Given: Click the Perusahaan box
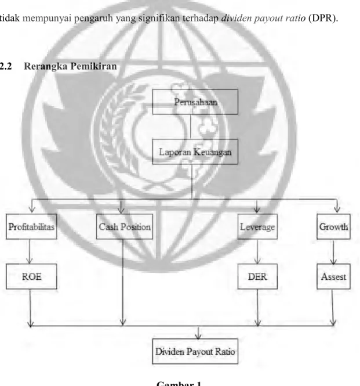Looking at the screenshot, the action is [x=195, y=102].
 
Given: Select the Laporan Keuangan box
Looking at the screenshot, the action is [x=195, y=151].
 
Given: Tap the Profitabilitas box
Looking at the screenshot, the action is [x=31, y=226].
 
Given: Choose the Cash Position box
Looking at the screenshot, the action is [x=125, y=226].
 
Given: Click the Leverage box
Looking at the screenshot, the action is [x=257, y=226].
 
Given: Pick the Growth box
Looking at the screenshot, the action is [x=333, y=226].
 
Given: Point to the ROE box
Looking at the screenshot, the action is [x=31, y=276].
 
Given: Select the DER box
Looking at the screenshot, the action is [x=257, y=276].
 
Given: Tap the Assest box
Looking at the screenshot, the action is [x=333, y=276].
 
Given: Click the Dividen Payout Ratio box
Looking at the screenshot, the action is [x=195, y=351].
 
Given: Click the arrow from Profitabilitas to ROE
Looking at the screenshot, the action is [x=30, y=251].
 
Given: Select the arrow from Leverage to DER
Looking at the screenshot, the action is [x=257, y=251].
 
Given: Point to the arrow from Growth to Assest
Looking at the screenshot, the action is [x=333, y=251].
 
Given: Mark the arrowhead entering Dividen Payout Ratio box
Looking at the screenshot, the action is [x=198, y=336].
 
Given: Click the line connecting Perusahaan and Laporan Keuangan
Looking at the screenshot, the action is [x=191, y=127].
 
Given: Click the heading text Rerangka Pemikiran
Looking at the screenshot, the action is [x=70, y=66].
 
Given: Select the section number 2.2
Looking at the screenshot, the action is [x=5, y=66].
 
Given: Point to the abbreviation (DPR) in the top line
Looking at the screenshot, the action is [x=323, y=18].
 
